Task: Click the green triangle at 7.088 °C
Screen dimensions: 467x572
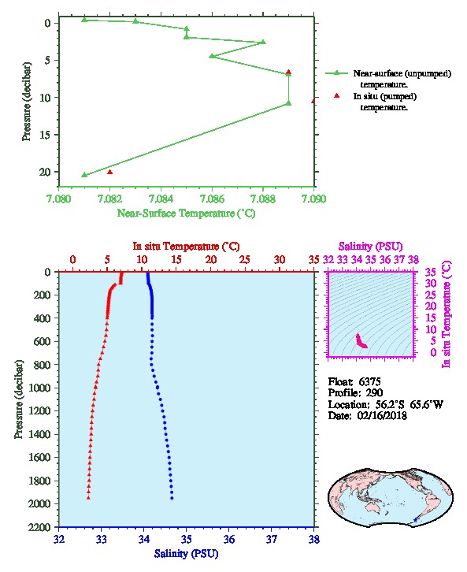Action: (263, 42)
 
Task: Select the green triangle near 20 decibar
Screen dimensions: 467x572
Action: (84, 175)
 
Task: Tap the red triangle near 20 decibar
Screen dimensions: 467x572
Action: (110, 173)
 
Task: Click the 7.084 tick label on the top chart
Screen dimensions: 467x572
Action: (161, 199)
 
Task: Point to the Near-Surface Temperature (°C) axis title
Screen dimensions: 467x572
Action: (187, 214)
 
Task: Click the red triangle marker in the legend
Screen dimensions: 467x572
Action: (337, 95)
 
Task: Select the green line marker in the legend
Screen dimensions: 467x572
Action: (337, 73)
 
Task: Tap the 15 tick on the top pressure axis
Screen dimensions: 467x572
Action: (48, 135)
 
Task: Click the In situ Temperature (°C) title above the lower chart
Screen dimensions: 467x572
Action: (187, 247)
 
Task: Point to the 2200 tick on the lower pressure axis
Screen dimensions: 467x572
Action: (40, 527)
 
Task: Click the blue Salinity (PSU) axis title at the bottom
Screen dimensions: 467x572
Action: (187, 553)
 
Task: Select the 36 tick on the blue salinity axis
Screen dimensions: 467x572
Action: (229, 539)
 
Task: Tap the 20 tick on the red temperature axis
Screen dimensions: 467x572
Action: (211, 260)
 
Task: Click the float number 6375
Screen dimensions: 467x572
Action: (369, 381)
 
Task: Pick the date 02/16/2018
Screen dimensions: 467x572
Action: (382, 415)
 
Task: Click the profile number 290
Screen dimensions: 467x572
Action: (374, 393)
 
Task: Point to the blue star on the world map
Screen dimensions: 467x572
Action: (415, 520)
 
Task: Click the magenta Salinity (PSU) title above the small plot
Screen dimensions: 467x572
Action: (371, 247)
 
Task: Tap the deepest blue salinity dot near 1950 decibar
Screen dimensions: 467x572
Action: (172, 498)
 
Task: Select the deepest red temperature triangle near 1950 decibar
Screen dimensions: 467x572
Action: (88, 498)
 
